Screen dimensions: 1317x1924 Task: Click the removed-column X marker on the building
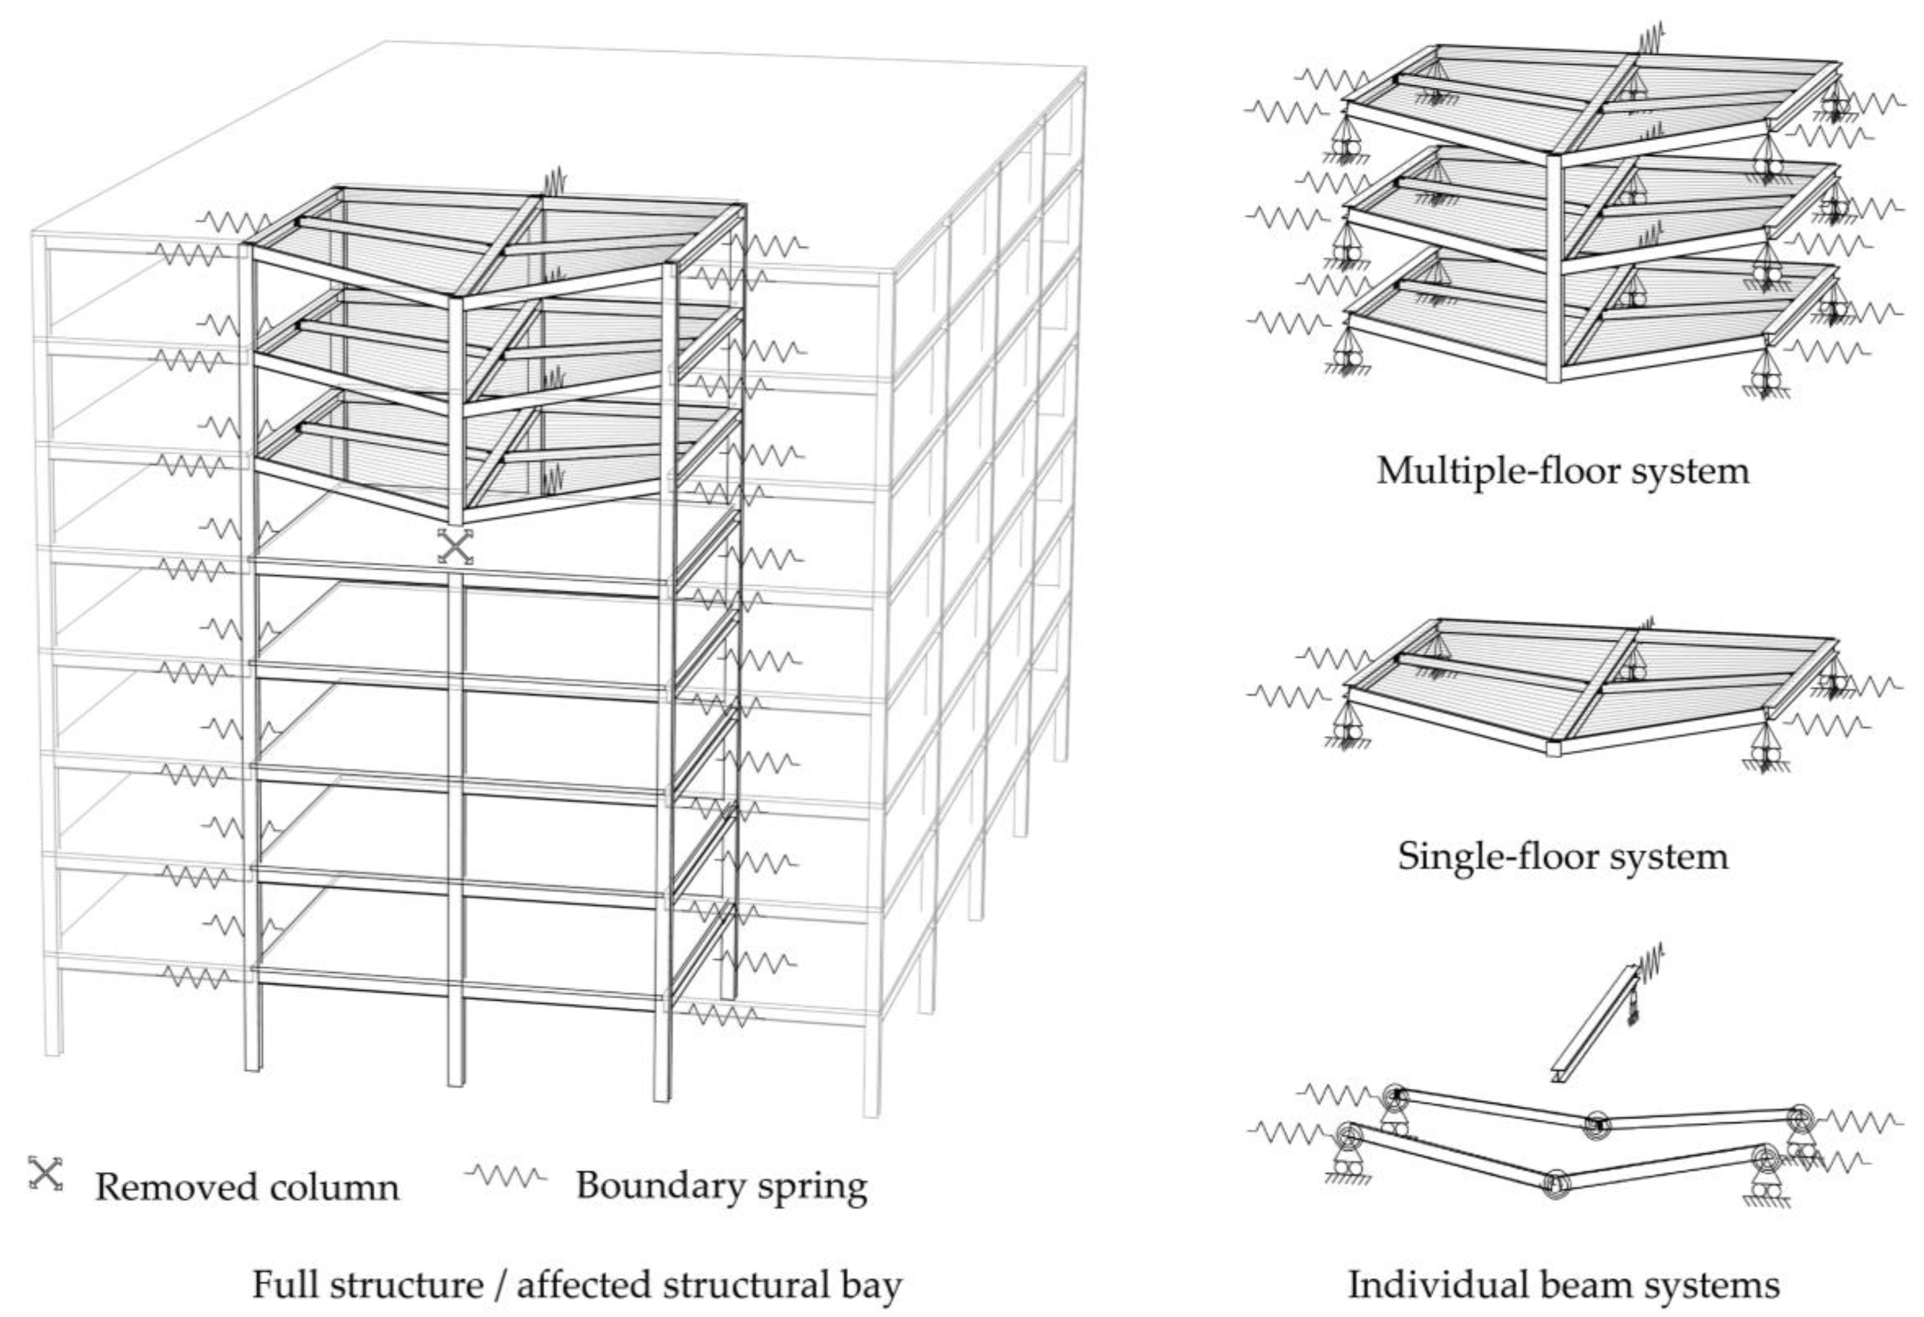coord(456,546)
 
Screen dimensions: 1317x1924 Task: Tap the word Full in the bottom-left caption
coord(282,1285)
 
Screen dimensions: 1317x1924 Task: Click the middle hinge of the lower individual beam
coord(1556,1184)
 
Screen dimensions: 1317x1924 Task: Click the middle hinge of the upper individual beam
coord(1596,1125)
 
